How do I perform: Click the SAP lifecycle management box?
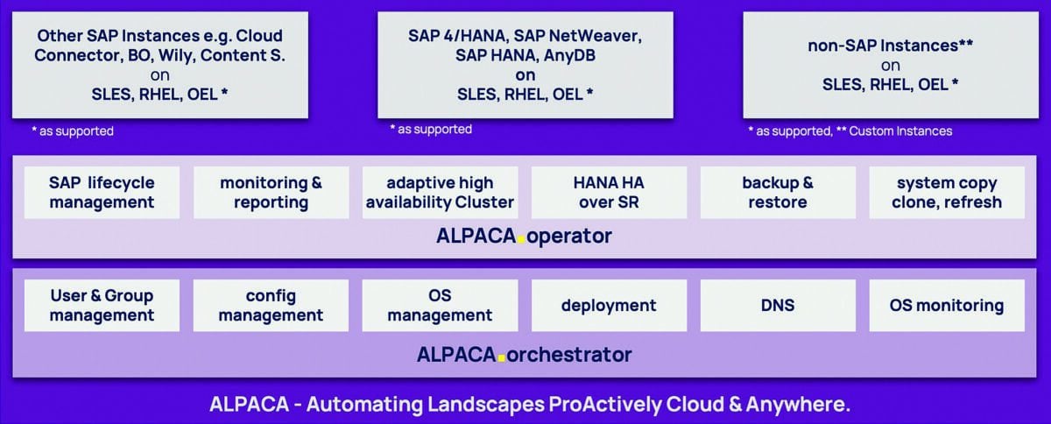(102, 193)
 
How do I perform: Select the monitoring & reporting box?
(271, 193)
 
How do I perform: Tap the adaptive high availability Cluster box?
(440, 193)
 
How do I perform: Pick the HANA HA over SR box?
(609, 193)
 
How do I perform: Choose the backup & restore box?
(778, 193)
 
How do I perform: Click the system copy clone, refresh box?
(947, 193)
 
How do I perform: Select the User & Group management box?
(102, 305)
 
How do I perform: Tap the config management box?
(271, 305)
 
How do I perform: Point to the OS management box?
(440, 305)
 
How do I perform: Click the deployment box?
(609, 305)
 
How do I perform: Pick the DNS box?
(778, 305)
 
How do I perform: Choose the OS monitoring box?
(947, 305)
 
